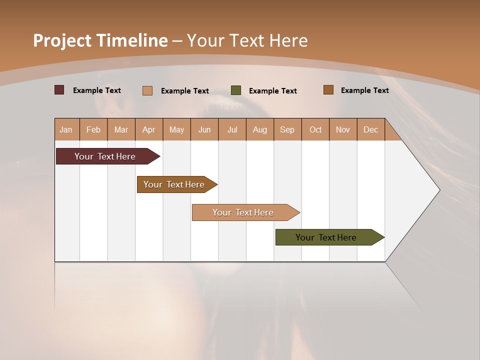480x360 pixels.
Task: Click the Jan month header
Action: pos(66,129)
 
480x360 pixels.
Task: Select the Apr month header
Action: pos(149,129)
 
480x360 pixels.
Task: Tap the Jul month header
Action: pos(232,129)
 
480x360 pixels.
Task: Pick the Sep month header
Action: pos(287,129)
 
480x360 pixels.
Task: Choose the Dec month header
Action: pos(370,129)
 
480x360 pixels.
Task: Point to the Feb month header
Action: pos(93,129)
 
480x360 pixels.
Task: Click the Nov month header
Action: pos(342,129)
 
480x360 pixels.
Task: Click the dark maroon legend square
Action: pos(59,90)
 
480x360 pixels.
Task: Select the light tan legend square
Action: pos(147,90)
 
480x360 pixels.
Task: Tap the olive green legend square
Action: pos(236,90)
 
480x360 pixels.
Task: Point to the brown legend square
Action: pos(328,90)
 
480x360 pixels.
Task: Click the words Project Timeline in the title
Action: pos(100,40)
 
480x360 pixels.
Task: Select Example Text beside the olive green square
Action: pos(272,91)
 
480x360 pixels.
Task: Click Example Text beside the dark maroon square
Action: pos(96,90)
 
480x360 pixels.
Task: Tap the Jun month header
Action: pos(204,129)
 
